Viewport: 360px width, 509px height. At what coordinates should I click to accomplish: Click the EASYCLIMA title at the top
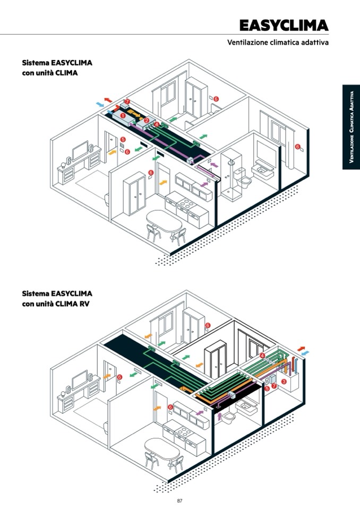[x=284, y=25]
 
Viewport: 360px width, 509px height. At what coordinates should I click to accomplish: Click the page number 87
[x=180, y=501]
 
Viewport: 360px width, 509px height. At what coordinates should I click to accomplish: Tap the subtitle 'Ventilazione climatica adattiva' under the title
[x=278, y=42]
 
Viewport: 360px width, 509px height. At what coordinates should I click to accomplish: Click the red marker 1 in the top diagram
[x=123, y=115]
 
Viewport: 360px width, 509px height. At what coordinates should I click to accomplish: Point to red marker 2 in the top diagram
[x=146, y=120]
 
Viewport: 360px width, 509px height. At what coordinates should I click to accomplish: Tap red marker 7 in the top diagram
[x=126, y=101]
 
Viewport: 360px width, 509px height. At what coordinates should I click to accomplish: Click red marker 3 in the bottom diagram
[x=284, y=381]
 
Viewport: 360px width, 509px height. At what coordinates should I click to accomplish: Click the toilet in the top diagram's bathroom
[x=245, y=180]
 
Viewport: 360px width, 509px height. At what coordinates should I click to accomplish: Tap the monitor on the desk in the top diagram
[x=81, y=150]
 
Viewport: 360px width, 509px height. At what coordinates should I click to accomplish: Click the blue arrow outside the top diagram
[x=99, y=105]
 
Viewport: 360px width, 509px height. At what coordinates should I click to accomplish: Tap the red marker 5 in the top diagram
[x=123, y=140]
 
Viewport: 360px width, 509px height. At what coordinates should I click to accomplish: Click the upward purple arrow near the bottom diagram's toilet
[x=219, y=417]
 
